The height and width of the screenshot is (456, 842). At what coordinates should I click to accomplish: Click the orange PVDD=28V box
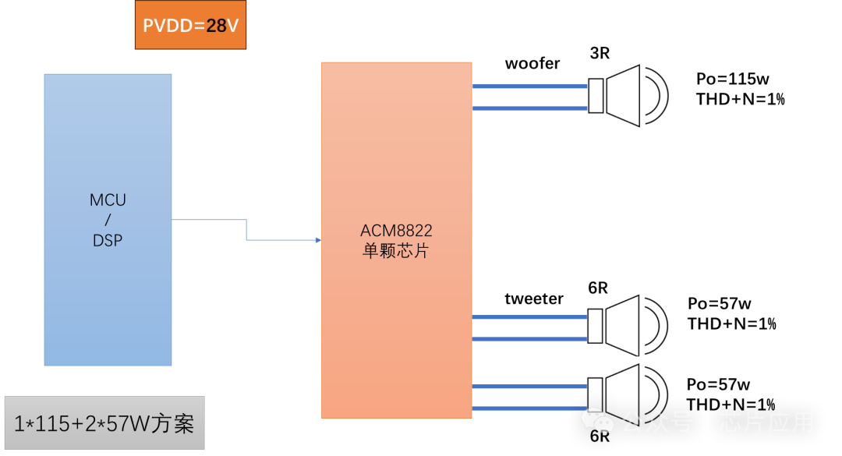point(190,25)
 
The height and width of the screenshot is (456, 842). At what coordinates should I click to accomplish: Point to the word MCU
point(108,200)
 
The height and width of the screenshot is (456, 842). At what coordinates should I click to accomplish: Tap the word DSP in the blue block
point(108,241)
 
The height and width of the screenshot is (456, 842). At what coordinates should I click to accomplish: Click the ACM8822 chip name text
point(396,231)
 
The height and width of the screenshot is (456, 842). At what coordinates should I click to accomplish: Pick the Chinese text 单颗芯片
point(396,252)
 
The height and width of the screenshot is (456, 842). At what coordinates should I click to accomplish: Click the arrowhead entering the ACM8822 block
point(318,240)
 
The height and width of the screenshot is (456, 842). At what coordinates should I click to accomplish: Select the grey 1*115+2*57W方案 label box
point(104,423)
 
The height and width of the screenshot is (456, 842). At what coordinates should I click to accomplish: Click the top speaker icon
point(628,96)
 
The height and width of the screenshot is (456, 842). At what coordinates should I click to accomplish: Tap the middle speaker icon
point(628,326)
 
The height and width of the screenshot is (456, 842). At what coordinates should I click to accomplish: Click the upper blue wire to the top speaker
point(530,87)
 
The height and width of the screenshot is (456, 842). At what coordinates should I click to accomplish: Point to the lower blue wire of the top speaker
point(530,108)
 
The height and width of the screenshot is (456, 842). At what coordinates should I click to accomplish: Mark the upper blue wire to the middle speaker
point(530,316)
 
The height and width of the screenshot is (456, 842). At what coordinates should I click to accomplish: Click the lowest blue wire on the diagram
point(530,408)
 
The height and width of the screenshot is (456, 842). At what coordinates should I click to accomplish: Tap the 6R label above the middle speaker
point(598,290)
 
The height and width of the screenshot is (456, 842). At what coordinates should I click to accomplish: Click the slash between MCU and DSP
point(108,221)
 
